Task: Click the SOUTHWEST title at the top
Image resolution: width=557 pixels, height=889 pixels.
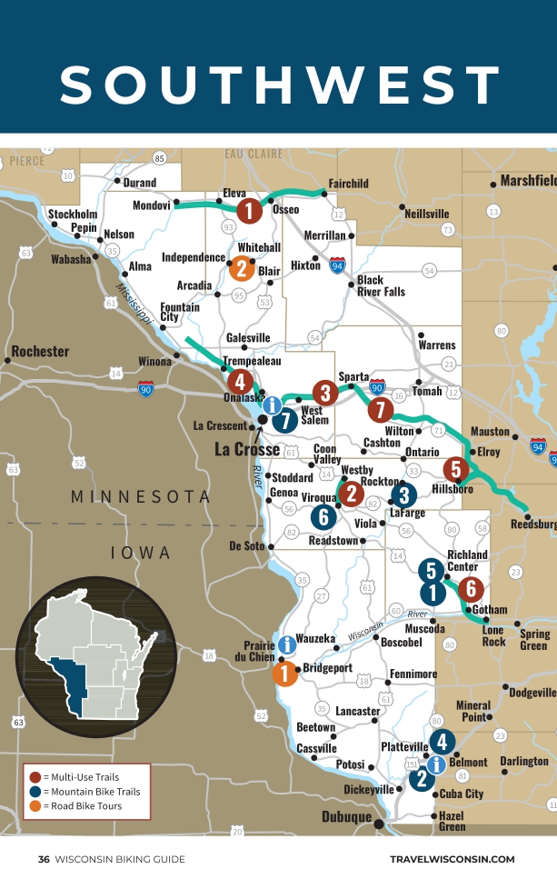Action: pos(279,85)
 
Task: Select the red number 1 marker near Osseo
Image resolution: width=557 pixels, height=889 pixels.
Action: pos(250,212)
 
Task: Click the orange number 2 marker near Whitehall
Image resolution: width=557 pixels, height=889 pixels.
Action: pos(242,268)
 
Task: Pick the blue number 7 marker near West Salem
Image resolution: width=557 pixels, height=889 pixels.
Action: pos(285,420)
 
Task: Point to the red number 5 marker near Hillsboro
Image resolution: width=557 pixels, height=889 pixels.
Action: pos(455,469)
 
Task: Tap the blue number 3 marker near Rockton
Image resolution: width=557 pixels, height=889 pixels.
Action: pos(403,494)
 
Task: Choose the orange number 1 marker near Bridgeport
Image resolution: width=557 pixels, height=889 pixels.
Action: pos(285,674)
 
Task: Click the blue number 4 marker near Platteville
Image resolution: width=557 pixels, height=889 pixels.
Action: pos(442,742)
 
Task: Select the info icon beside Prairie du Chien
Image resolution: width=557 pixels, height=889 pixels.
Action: pos(287,644)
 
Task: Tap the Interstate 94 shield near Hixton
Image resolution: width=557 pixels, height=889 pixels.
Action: pos(337,265)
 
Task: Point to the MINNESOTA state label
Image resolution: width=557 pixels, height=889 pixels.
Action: pos(141,497)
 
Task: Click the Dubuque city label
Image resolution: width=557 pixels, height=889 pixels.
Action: pos(346,816)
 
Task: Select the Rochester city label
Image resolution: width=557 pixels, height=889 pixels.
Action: pos(40,351)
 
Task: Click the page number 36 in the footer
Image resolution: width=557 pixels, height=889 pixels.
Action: pos(44,859)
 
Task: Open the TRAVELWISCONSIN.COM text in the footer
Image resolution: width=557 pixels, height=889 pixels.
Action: pos(452,859)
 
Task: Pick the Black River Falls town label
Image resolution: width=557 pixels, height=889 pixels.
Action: pos(380,285)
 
